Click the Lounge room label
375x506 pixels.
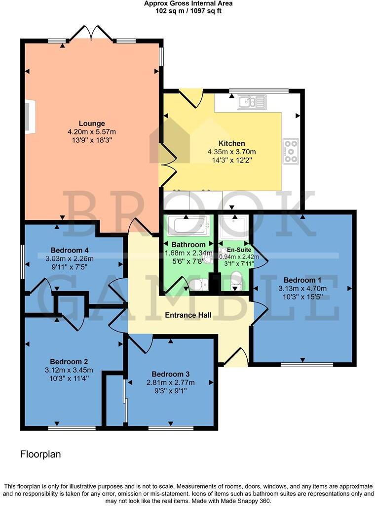(x=92, y=124)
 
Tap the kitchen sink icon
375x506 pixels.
(x=252, y=103)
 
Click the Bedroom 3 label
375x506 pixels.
(x=170, y=374)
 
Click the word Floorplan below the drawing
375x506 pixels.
(x=40, y=454)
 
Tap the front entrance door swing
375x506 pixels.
(x=237, y=357)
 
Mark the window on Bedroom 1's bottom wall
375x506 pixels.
(x=301, y=365)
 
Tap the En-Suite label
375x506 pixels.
(x=235, y=250)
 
